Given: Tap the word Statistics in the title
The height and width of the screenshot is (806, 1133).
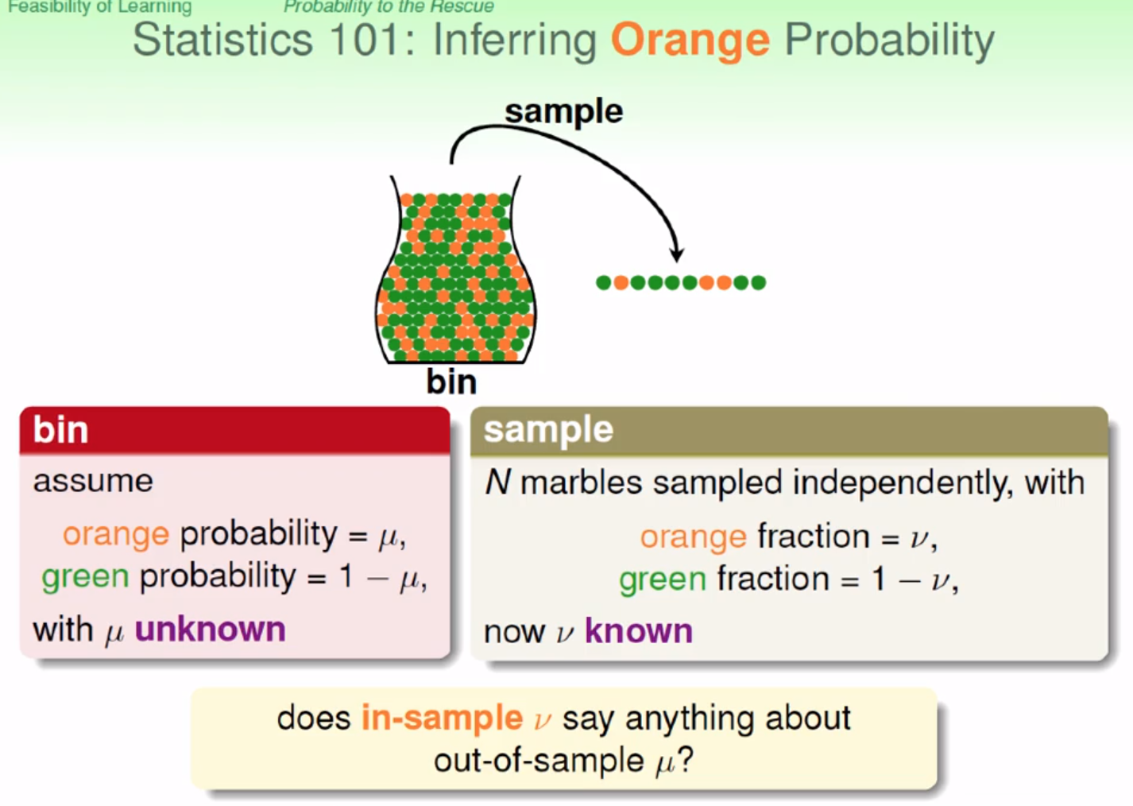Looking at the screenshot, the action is pos(223,40).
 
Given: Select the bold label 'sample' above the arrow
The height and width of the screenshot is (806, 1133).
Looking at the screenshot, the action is pos(564,112).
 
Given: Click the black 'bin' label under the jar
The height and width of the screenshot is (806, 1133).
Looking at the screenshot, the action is pos(451,382).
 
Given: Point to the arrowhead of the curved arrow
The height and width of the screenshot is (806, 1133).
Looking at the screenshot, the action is pos(677,255).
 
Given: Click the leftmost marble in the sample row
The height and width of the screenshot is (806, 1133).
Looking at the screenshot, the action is pos(603,282).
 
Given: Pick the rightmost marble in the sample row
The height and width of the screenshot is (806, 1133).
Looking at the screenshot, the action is pos(758,282).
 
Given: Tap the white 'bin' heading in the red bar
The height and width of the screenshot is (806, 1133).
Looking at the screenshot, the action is pos(60,430).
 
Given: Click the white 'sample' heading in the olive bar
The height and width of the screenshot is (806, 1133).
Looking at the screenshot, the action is pos(548,431).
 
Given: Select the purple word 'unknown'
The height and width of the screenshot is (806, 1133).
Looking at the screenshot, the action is pos(211,630).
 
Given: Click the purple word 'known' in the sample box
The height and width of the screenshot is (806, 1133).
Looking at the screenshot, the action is pos(639,631).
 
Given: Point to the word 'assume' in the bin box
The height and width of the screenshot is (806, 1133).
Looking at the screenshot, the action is pos(93,482).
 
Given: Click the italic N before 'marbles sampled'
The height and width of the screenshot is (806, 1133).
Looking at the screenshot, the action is pos(498,482).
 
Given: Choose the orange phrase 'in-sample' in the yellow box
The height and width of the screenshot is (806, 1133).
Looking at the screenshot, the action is pos(442,718).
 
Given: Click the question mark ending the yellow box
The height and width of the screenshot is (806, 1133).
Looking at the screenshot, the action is pos(686,759).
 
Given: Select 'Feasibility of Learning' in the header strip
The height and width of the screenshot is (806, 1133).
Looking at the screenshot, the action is pos(100,7).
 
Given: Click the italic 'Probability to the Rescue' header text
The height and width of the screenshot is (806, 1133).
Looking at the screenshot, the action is pos(389,6).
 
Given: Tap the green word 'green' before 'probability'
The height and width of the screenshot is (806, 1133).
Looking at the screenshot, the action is pos(85,578).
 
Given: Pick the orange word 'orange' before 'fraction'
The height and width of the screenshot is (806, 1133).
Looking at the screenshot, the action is pos(694,537).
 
